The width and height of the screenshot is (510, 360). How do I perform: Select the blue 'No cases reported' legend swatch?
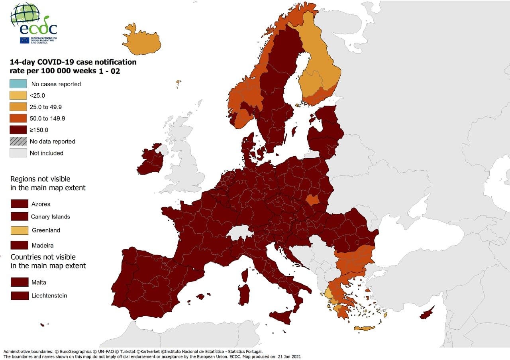[18, 84]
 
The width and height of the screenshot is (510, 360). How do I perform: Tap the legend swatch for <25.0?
[18, 95]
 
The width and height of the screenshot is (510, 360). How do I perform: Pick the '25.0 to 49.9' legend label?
[45, 107]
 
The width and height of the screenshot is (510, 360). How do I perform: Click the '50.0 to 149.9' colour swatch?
[18, 118]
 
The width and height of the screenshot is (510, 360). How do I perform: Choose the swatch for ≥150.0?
[18, 130]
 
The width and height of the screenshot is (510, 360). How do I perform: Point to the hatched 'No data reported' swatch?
[18, 141]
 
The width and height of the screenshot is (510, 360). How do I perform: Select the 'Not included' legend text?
[46, 153]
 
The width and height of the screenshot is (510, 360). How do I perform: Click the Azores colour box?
[19, 204]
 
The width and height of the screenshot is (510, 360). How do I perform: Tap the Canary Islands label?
[50, 217]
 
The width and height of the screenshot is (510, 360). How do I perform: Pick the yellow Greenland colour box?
[19, 230]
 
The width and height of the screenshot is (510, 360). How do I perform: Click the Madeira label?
[42, 245]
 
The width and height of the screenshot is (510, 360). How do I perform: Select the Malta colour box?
[19, 282]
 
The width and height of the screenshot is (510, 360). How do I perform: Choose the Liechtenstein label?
[49, 295]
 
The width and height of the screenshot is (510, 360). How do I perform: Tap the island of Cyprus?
[426, 314]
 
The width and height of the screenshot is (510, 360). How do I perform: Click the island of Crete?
[364, 329]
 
